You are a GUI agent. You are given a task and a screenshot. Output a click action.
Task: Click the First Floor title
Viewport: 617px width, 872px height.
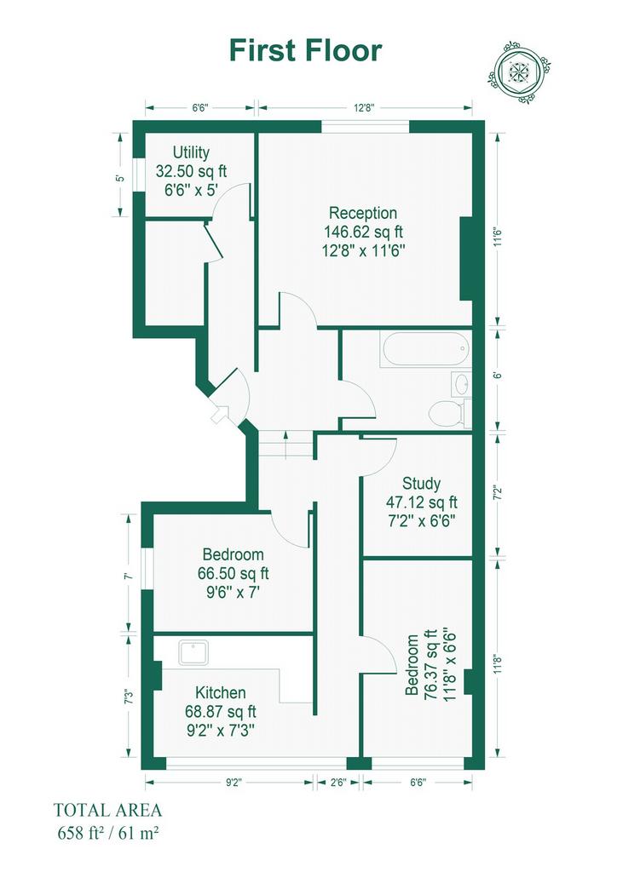coord(305,50)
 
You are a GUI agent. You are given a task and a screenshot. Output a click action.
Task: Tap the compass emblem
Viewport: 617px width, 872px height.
coord(521,72)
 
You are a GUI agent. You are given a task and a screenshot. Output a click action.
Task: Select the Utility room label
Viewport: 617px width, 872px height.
coord(191,152)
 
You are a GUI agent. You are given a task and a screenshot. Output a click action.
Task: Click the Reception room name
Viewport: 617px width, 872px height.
coord(363,213)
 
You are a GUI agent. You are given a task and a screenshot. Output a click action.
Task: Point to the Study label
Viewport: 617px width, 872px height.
coord(421,484)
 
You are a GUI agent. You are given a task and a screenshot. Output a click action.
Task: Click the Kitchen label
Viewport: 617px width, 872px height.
coord(221,692)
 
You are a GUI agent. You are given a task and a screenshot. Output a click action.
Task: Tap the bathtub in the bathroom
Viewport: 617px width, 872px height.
coord(425,349)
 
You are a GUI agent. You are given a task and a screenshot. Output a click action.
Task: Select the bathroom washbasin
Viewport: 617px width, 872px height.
coord(461,383)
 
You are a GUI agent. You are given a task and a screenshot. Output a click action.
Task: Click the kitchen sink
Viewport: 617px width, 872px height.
coord(193,652)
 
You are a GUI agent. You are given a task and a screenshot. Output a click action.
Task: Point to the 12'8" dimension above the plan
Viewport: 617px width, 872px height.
coord(365,108)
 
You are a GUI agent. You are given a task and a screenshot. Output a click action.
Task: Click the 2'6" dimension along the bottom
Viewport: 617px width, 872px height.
coord(337,783)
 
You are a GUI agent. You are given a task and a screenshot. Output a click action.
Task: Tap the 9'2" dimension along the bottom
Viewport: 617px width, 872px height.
coord(234,783)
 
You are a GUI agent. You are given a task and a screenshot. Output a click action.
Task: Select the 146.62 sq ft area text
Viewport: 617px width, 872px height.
coord(363,232)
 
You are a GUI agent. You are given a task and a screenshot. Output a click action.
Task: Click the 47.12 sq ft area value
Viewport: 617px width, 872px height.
coord(422,502)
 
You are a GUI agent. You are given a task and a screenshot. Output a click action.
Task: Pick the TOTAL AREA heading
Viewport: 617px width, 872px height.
coord(107,810)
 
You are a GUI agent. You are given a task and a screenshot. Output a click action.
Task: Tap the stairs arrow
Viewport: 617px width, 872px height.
coord(286,443)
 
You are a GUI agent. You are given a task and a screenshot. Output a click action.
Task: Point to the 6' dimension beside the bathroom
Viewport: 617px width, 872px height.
coord(498,375)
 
